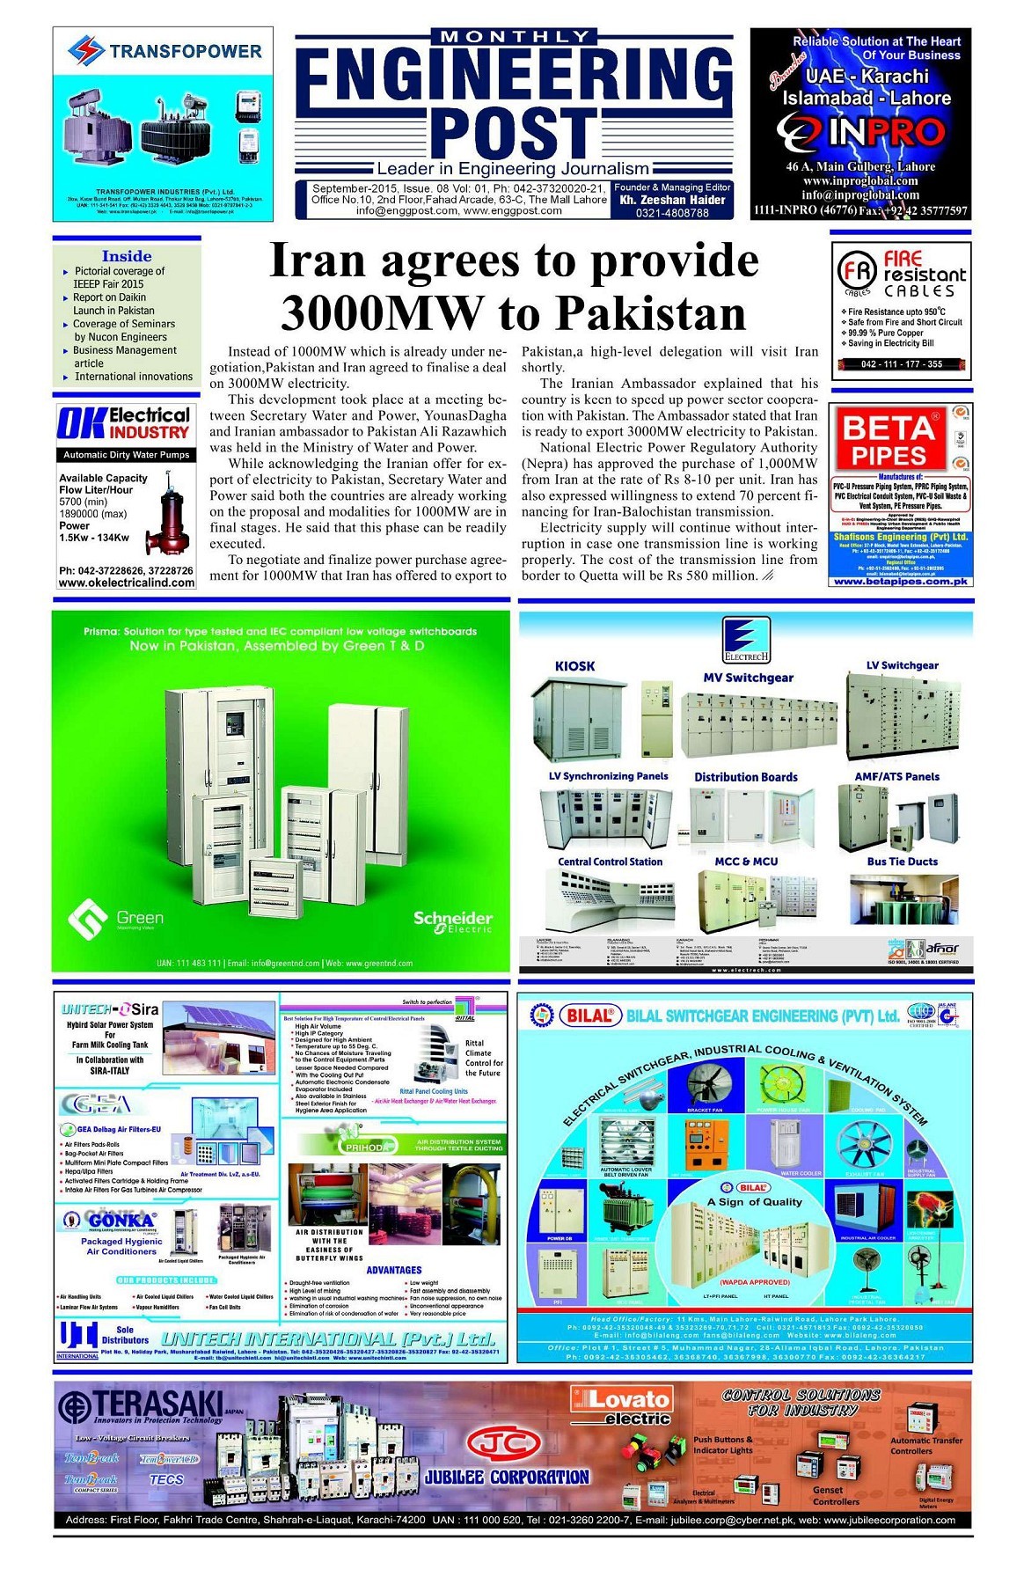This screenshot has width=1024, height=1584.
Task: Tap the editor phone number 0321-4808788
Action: click(672, 213)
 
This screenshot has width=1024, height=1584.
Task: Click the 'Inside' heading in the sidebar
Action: click(127, 256)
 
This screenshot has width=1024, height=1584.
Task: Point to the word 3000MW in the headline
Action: click(383, 312)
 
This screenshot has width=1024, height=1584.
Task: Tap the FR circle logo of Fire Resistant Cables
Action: click(856, 273)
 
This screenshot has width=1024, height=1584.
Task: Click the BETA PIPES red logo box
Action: click(888, 440)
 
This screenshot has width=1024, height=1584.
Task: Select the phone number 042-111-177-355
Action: click(901, 363)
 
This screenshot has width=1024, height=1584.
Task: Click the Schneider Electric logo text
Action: click(453, 920)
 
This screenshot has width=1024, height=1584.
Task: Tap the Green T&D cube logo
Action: click(88, 919)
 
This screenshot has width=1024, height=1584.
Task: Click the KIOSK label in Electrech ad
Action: click(574, 666)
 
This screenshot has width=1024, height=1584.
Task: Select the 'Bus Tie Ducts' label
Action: click(902, 862)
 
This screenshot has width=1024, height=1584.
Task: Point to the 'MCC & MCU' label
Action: click(746, 862)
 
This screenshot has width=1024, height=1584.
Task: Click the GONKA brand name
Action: click(121, 1221)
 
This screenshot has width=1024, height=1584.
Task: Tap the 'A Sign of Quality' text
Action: click(755, 1201)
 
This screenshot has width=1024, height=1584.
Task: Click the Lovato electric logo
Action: click(620, 1405)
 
